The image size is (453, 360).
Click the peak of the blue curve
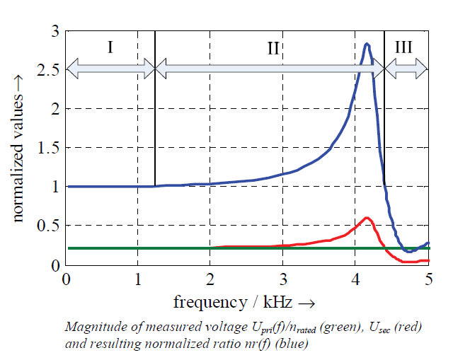click(367, 45)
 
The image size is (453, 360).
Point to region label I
click(110, 47)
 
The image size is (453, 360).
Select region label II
click(273, 47)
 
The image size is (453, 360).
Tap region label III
click(404, 47)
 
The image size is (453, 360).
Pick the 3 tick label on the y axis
click(53, 31)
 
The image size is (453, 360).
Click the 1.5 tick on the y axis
click(47, 148)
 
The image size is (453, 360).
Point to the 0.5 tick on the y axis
click(47, 226)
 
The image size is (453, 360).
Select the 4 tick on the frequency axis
click(356, 279)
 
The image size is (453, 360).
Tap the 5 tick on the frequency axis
click(428, 279)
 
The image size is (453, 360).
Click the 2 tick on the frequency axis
click(210, 279)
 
